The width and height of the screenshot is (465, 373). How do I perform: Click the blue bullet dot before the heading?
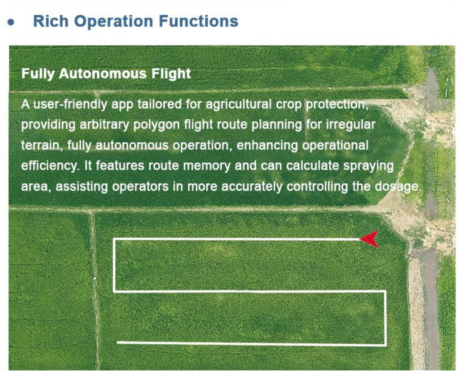pos(11,22)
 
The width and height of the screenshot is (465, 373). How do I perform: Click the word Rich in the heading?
pos(51,21)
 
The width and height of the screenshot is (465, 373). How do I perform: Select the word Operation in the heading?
pos(113,21)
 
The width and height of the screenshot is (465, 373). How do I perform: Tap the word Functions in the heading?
pos(198,21)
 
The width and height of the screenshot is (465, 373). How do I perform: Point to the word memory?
pos(207,166)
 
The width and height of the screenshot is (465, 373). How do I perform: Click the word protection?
pos(337,104)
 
